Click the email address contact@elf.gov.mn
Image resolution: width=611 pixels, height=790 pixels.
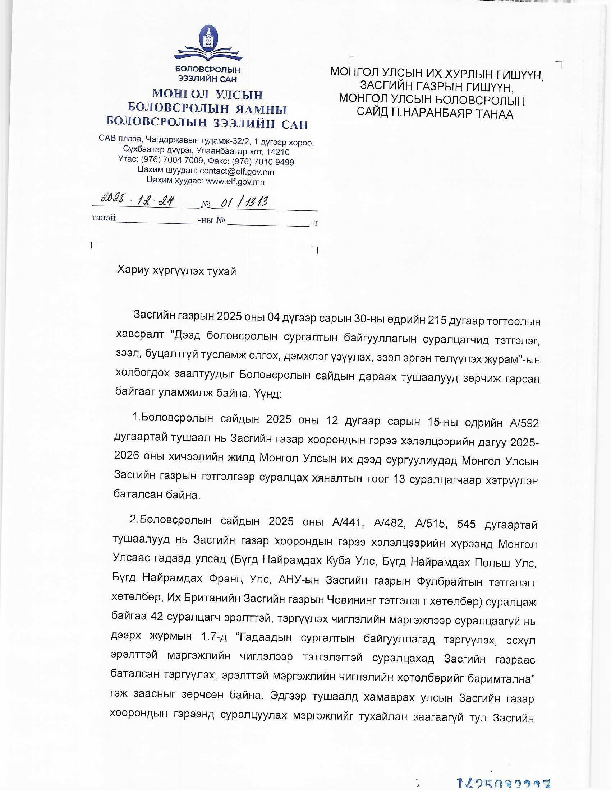tap(237, 171)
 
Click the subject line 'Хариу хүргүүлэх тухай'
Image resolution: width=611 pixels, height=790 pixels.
tap(176, 271)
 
